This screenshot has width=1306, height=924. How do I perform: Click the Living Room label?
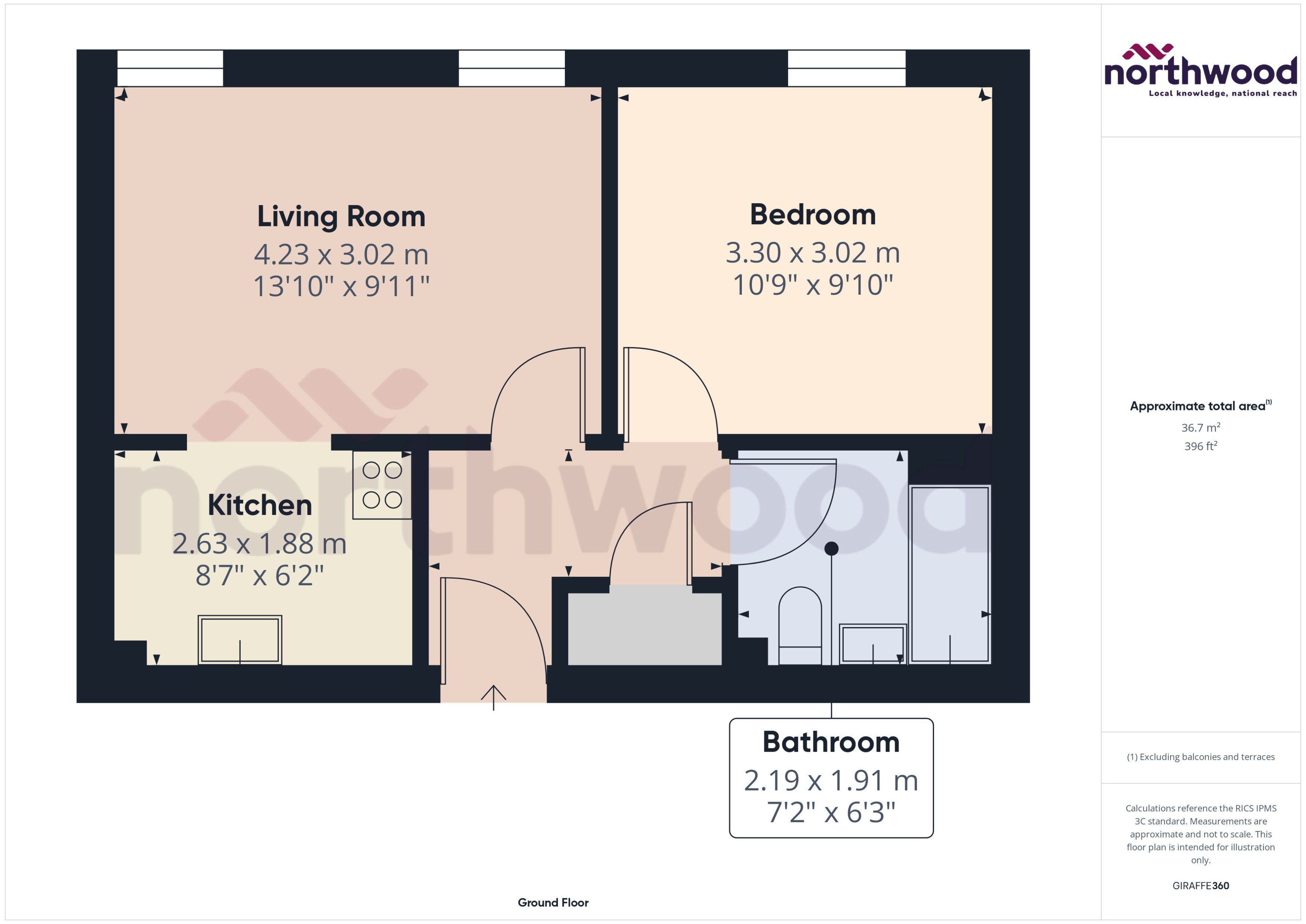tap(341, 217)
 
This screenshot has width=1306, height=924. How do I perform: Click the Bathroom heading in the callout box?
tap(831, 742)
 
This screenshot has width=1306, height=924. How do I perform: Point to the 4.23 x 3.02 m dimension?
tap(341, 254)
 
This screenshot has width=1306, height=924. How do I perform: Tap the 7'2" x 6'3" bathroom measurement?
tap(831, 812)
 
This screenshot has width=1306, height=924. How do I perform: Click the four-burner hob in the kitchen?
tap(382, 485)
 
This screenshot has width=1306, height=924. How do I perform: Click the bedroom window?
tap(846, 68)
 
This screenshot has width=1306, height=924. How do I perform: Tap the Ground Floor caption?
tap(553, 902)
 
